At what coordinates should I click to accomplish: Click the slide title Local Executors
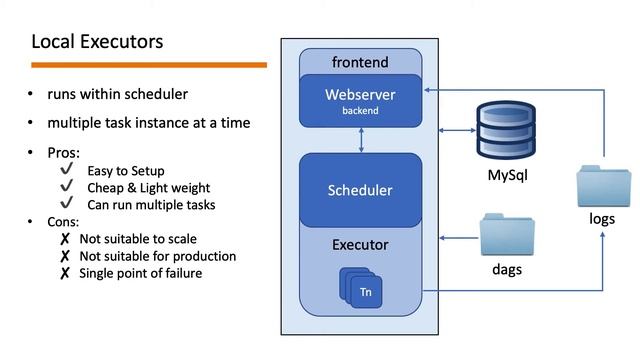(x=97, y=42)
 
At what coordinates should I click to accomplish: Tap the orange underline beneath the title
(x=149, y=65)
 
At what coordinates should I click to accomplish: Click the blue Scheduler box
(x=360, y=190)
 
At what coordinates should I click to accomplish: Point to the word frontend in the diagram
(x=360, y=62)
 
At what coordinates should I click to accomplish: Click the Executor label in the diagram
(x=360, y=244)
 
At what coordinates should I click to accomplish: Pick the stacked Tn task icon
(x=363, y=289)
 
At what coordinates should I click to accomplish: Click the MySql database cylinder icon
(x=506, y=128)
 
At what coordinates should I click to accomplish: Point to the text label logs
(x=602, y=220)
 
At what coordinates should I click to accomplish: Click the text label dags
(x=507, y=270)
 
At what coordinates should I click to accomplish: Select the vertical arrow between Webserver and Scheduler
(x=360, y=140)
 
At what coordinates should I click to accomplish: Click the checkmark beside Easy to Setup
(x=67, y=170)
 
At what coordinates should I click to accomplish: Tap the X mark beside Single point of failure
(x=65, y=273)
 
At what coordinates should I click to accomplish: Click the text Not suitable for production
(x=157, y=256)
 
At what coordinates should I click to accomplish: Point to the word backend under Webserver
(x=360, y=111)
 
